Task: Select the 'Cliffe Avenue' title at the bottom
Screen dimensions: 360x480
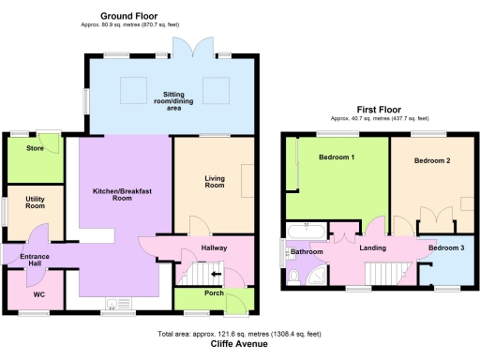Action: pos(240,343)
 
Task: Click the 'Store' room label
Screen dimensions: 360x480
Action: pos(36,147)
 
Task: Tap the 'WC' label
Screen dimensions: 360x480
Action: pos(38,294)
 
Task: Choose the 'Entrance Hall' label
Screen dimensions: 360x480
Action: pos(34,260)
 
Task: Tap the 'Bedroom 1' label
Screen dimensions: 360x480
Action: pos(336,157)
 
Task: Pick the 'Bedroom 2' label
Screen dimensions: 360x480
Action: pos(432,160)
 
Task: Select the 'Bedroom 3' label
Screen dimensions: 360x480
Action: pos(445,247)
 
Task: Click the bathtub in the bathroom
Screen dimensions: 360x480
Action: pos(307,231)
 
